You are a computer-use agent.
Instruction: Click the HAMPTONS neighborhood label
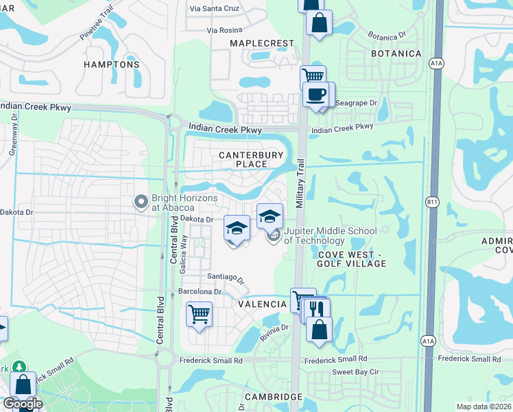coord(112,65)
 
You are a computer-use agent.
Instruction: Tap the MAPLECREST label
coord(261,43)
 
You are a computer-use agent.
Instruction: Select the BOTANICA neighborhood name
coord(396,54)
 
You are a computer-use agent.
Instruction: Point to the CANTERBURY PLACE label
coord(251,160)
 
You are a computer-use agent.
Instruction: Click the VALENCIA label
coord(262,304)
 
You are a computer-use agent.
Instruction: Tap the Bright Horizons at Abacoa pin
coord(141,202)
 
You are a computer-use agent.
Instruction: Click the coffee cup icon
coord(316,95)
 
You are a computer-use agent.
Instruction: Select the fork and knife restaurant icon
coord(316,308)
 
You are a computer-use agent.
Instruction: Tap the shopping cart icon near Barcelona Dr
coord(199,314)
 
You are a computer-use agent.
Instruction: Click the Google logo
coord(22,404)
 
